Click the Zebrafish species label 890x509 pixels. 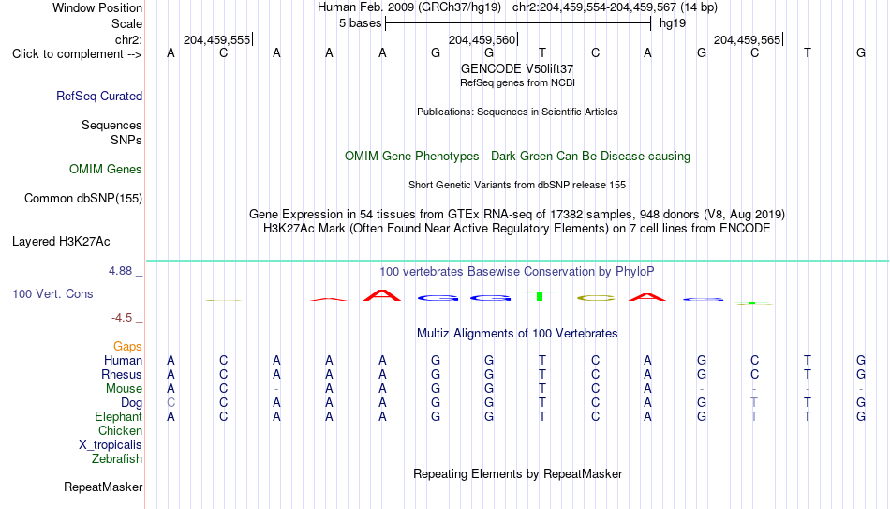(x=117, y=459)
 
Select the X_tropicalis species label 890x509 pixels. (x=111, y=445)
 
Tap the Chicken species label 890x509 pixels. (x=120, y=430)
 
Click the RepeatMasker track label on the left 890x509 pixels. (x=103, y=487)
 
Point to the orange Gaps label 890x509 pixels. (x=127, y=347)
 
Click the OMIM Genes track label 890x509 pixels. (x=106, y=170)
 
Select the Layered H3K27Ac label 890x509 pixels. (x=61, y=242)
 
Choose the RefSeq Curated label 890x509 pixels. (x=99, y=96)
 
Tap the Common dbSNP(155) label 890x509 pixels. (x=83, y=199)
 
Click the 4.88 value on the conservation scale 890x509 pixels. (x=120, y=271)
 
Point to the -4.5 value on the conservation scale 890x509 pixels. (x=122, y=318)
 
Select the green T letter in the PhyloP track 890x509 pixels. (x=540, y=296)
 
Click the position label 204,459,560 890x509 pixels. (x=482, y=39)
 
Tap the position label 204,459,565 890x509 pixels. (x=747, y=39)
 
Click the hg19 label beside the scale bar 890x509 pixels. (x=673, y=23)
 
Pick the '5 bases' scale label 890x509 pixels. (x=361, y=23)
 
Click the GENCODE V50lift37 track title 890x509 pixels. (x=517, y=68)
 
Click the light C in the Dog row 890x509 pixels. (x=171, y=403)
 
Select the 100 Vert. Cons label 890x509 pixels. (x=52, y=293)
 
